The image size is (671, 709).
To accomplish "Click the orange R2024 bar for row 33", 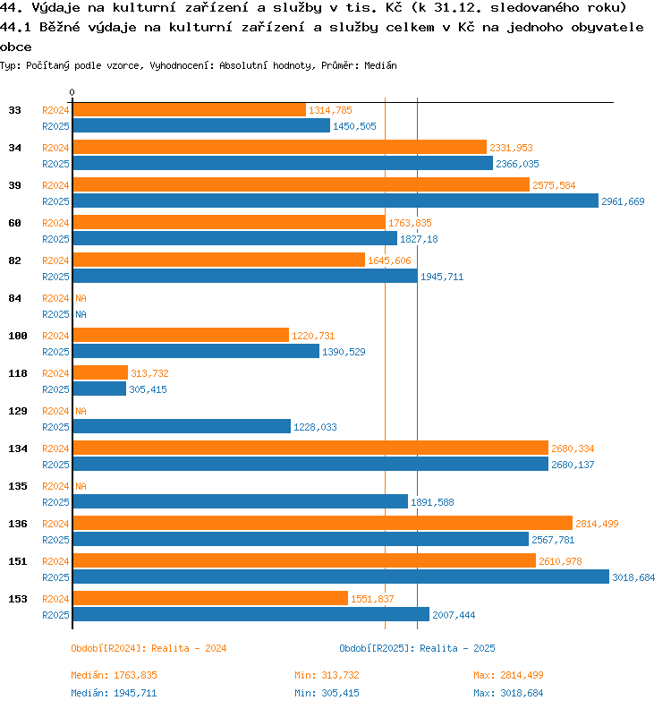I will tap(189, 110).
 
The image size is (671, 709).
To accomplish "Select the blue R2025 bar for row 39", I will tap(335, 201).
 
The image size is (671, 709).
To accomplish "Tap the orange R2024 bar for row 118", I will tap(100, 373).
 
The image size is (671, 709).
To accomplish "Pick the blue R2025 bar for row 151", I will tap(341, 577).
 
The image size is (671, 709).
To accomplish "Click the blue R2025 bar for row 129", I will tap(182, 427).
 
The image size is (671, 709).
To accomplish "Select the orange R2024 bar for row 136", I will tap(322, 524).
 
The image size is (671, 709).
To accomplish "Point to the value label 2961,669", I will tap(624, 201).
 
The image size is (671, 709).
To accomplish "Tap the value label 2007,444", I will tap(454, 615).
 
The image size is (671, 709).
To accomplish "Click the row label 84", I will tap(15, 298).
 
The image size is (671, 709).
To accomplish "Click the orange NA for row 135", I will tap(81, 486).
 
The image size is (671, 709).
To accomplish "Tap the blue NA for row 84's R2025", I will tap(81, 314).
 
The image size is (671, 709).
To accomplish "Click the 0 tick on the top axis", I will tap(72, 93).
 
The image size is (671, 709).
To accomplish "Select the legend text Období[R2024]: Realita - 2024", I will tap(149, 648).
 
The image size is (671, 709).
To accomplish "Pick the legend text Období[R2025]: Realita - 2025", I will tap(417, 648).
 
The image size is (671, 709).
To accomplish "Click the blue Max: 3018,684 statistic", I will tap(508, 693).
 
